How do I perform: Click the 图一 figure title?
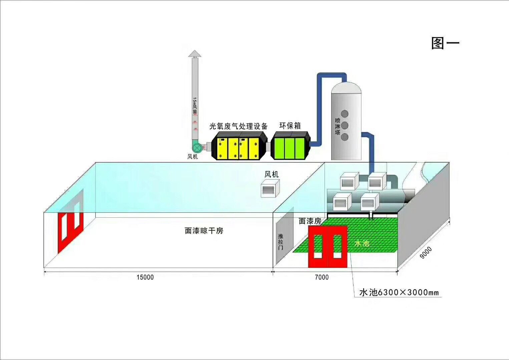click(x=445, y=43)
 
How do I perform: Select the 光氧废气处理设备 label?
click(x=238, y=126)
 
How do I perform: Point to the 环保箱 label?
click(x=290, y=126)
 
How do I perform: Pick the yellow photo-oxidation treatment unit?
click(x=239, y=146)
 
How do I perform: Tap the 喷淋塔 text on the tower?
click(x=338, y=126)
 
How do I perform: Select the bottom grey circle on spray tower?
click(x=345, y=137)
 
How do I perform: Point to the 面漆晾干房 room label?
click(x=204, y=231)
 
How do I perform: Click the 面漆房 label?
click(x=310, y=221)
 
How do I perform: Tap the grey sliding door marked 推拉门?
click(x=281, y=242)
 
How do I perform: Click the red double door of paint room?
click(x=328, y=247)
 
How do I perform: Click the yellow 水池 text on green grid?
click(x=362, y=244)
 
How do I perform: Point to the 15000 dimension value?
click(x=145, y=277)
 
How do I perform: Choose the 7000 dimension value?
click(x=322, y=277)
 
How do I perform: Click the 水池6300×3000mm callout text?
click(x=399, y=293)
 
